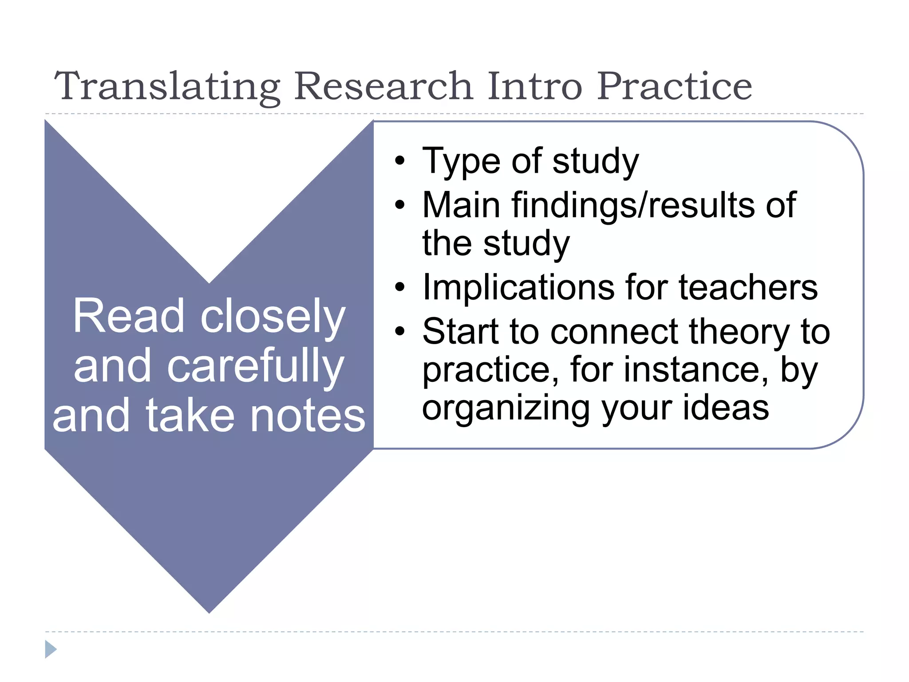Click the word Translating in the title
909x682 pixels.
167,86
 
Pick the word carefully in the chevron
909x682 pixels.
255,367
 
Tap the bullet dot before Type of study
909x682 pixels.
400,161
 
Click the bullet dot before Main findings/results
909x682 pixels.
400,205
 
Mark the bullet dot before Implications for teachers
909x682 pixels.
400,287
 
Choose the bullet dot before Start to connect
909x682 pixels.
400,331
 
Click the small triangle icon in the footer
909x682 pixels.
51,649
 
